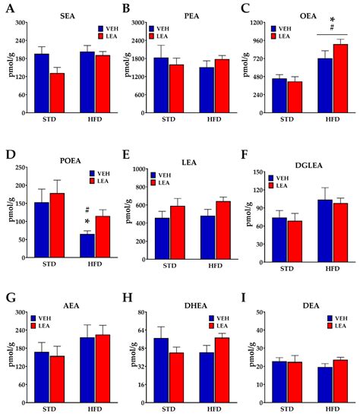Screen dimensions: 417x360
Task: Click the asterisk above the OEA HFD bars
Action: click(x=332, y=21)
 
